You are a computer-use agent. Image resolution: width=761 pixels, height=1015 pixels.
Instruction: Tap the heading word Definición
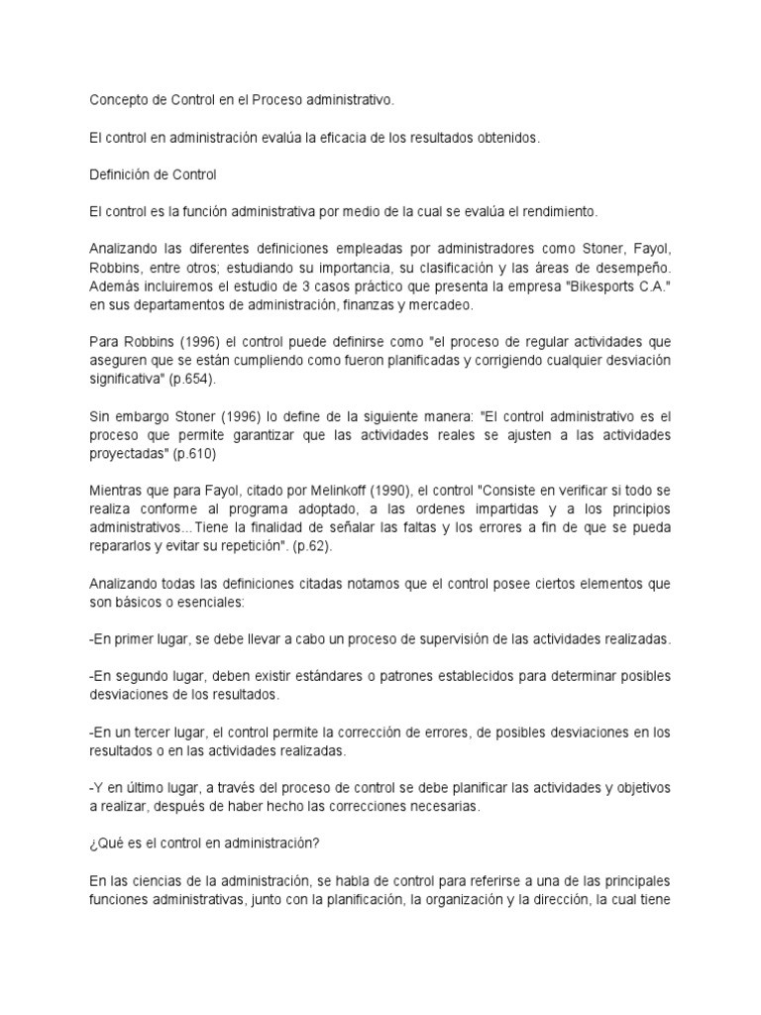pos(119,175)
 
